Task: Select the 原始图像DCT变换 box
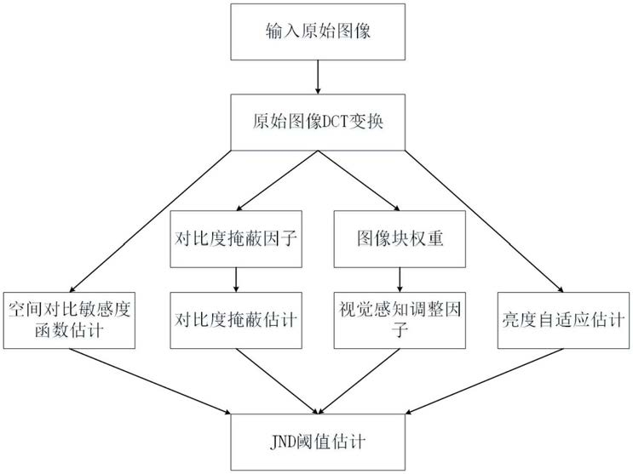pyautogui.click(x=317, y=120)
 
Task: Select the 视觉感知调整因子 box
pyautogui.click(x=399, y=320)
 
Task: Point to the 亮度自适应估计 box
pyautogui.click(x=563, y=320)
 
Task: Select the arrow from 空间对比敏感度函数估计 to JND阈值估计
pyautogui.click(x=153, y=383)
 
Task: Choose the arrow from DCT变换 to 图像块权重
pyautogui.click(x=358, y=179)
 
